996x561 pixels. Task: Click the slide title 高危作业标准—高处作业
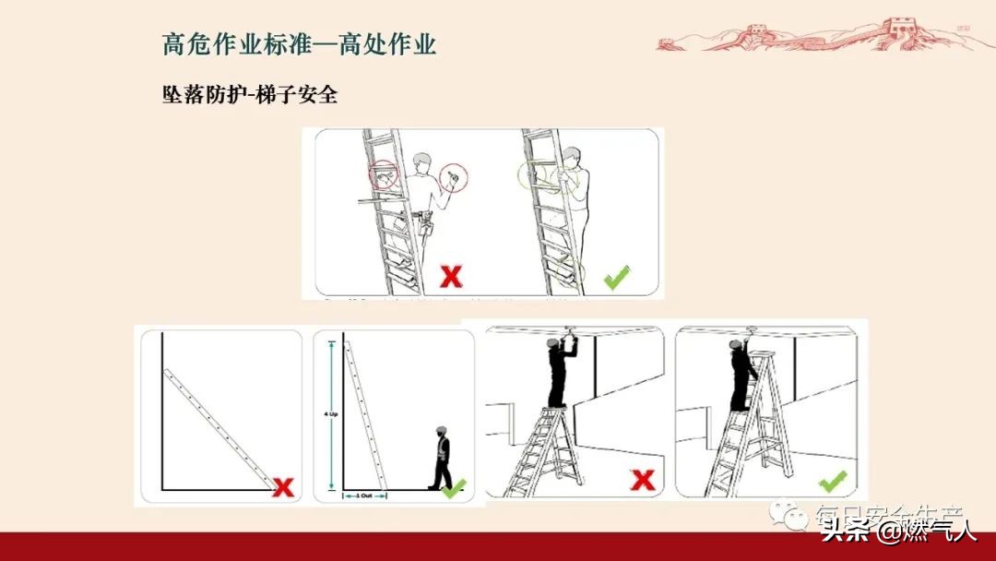299,44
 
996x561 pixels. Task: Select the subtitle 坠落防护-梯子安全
250,95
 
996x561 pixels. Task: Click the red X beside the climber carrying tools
450,275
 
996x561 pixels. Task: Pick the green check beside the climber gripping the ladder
616,276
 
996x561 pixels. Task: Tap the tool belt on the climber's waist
423,220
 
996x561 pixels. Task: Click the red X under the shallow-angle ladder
283,486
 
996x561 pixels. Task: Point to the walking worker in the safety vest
442,458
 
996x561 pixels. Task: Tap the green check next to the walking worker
454,488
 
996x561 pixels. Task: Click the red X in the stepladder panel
642,480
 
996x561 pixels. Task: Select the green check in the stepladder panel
832,481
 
